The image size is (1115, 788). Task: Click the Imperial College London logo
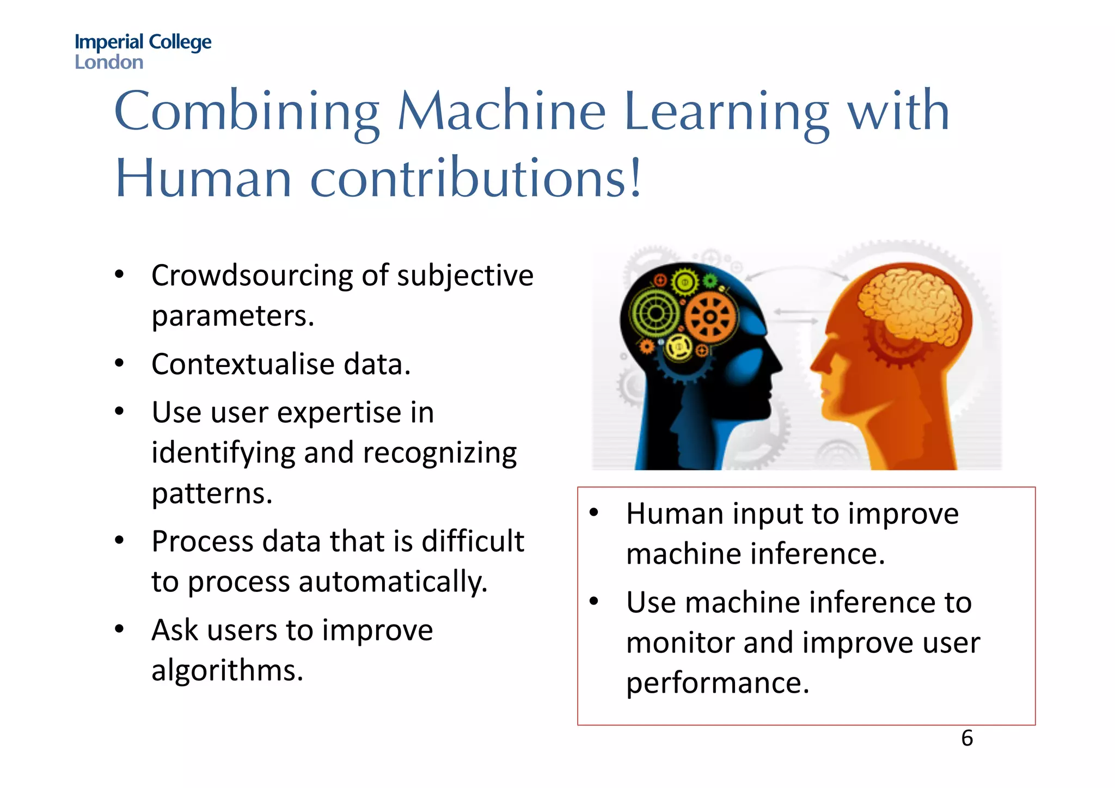pyautogui.click(x=143, y=51)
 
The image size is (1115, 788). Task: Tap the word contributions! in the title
pyautogui.click(x=476, y=179)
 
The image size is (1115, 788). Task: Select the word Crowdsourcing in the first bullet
pyautogui.click(x=252, y=276)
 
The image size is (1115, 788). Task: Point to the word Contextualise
pyautogui.click(x=243, y=364)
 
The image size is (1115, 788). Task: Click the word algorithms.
pyautogui.click(x=227, y=670)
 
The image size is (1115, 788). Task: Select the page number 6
pyautogui.click(x=967, y=738)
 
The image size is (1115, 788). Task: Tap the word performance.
pyautogui.click(x=718, y=683)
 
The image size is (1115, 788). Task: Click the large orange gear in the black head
pyautogui.click(x=709, y=317)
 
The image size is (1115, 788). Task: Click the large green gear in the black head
pyautogui.click(x=655, y=313)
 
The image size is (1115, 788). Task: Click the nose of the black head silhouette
pyautogui.click(x=777, y=364)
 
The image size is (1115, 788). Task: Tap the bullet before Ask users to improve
pyautogui.click(x=120, y=630)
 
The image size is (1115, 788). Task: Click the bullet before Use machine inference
pyautogui.click(x=594, y=602)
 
